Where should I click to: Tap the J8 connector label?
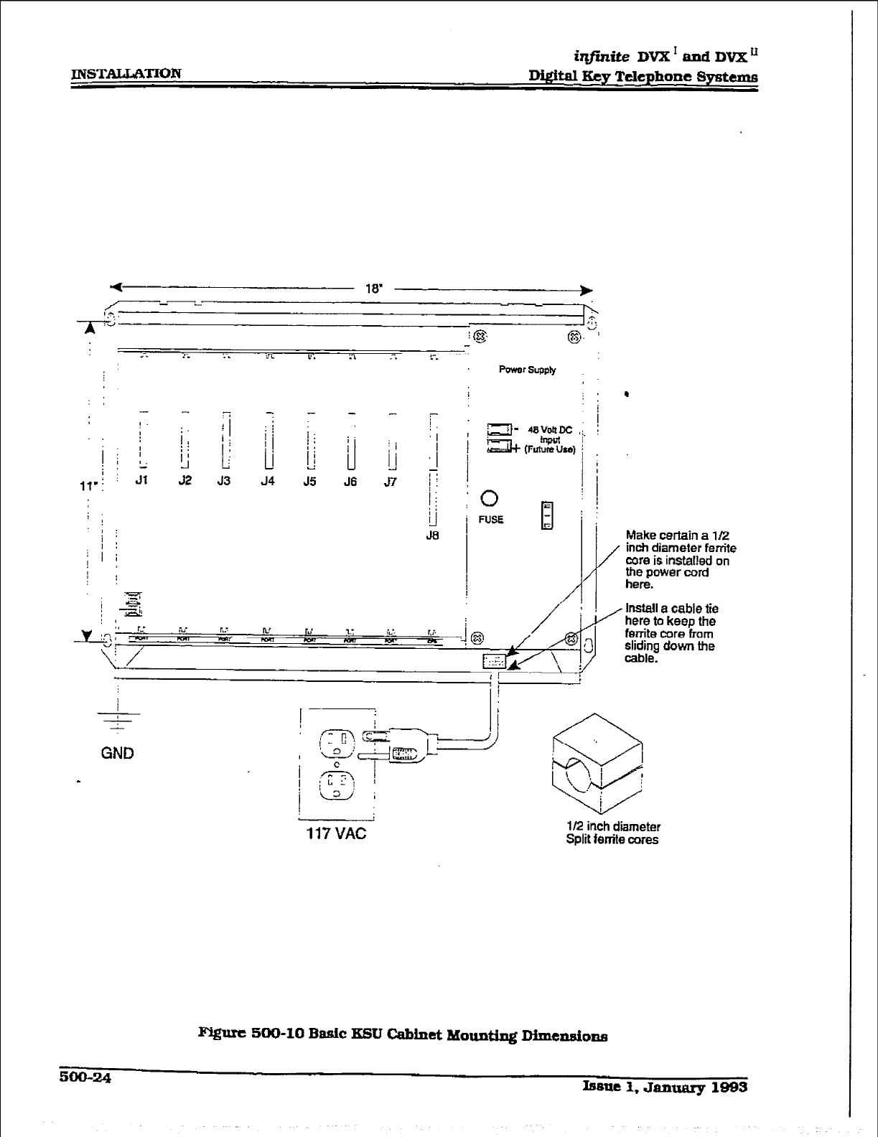431,535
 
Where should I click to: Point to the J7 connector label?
390,482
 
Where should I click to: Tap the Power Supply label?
527,370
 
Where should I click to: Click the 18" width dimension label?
374,289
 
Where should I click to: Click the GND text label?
117,753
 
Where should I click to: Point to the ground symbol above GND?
117,717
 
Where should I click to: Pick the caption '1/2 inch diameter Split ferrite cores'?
612,833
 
